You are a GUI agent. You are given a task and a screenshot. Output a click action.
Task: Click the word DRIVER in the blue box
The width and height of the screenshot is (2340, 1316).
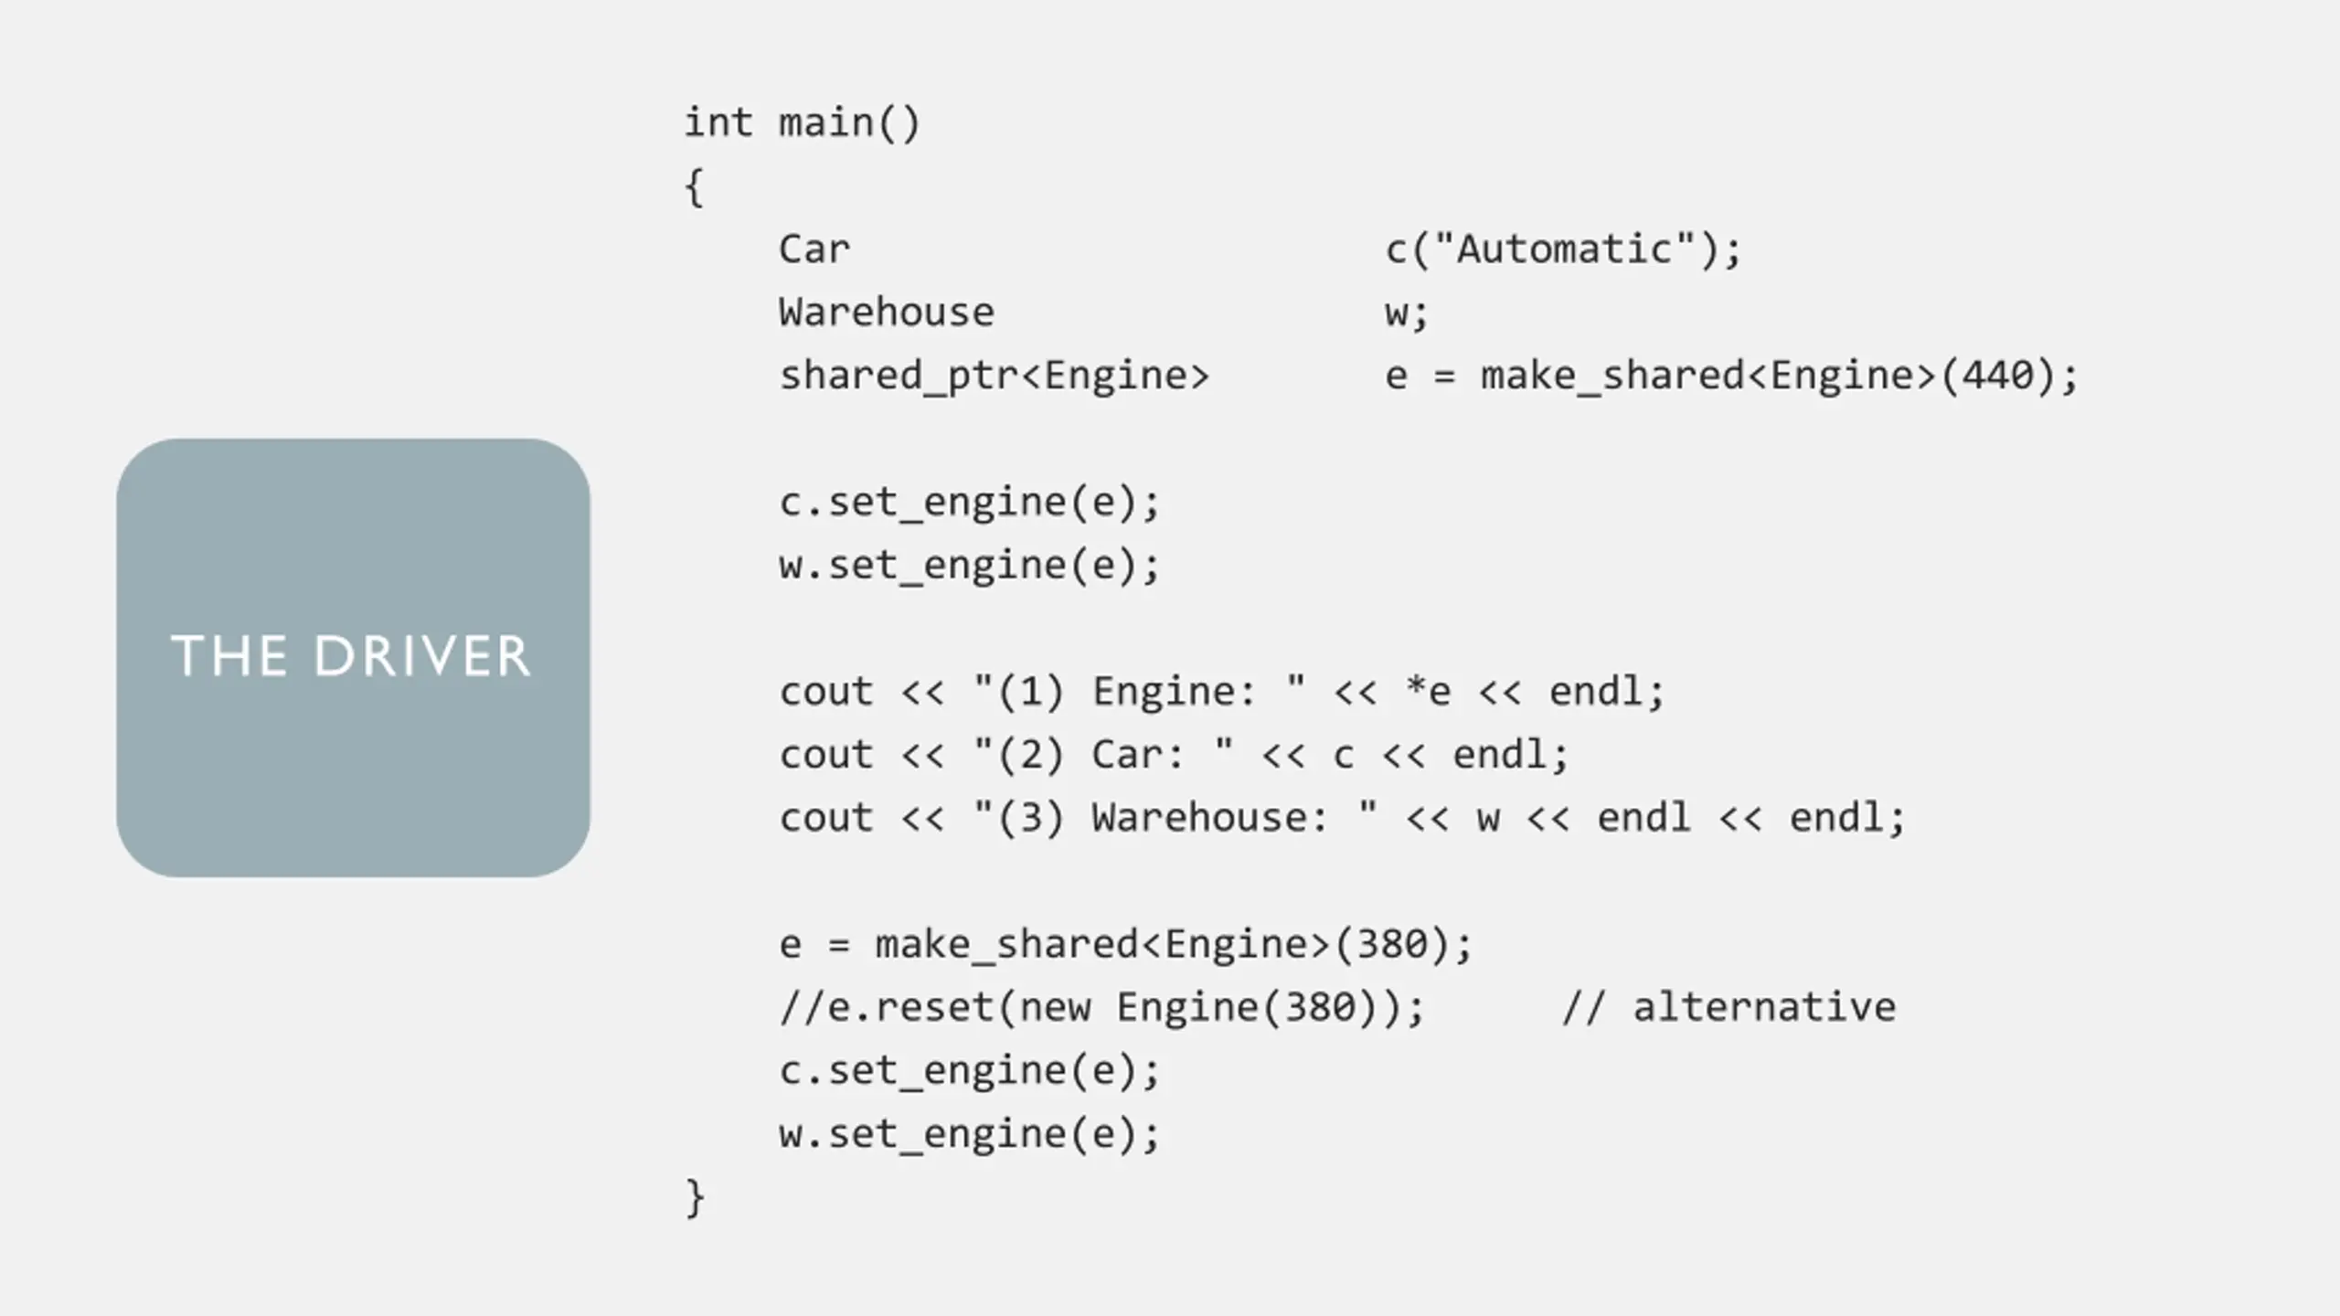pyautogui.click(x=421, y=656)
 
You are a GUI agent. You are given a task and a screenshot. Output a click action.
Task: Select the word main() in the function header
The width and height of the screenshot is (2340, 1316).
pyautogui.click(x=849, y=123)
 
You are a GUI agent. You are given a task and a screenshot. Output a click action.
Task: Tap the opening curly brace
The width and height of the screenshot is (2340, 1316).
pyautogui.click(x=695, y=187)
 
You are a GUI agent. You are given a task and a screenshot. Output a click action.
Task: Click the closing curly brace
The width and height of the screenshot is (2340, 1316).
pyautogui.click(x=695, y=1197)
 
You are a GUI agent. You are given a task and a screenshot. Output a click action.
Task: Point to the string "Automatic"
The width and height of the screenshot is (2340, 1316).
pyautogui.click(x=1564, y=249)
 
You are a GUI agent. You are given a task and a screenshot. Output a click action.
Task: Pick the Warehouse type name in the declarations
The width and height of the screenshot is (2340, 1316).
pyautogui.click(x=886, y=313)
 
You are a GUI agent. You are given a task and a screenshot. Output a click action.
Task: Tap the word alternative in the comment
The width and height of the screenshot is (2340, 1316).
pyautogui.click(x=1764, y=1007)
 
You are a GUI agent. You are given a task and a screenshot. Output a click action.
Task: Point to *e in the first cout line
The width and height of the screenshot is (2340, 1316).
pyautogui.click(x=1428, y=692)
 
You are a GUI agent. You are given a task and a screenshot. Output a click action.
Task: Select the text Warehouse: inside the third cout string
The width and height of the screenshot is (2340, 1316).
pyautogui.click(x=1208, y=818)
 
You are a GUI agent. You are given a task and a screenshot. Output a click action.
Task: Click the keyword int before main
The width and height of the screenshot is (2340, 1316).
pyautogui.click(x=718, y=123)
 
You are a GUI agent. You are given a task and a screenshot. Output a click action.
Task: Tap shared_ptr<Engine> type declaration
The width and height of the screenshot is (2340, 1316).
pyautogui.click(x=994, y=376)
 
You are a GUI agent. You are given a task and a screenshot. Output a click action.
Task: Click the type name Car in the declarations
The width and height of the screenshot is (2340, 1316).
pyautogui.click(x=814, y=249)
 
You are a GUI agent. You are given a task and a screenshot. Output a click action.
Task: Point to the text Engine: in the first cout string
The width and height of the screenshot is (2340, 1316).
pyautogui.click(x=1174, y=692)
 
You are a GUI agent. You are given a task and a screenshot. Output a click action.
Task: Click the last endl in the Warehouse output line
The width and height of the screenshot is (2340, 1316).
pyautogui.click(x=1835, y=818)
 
